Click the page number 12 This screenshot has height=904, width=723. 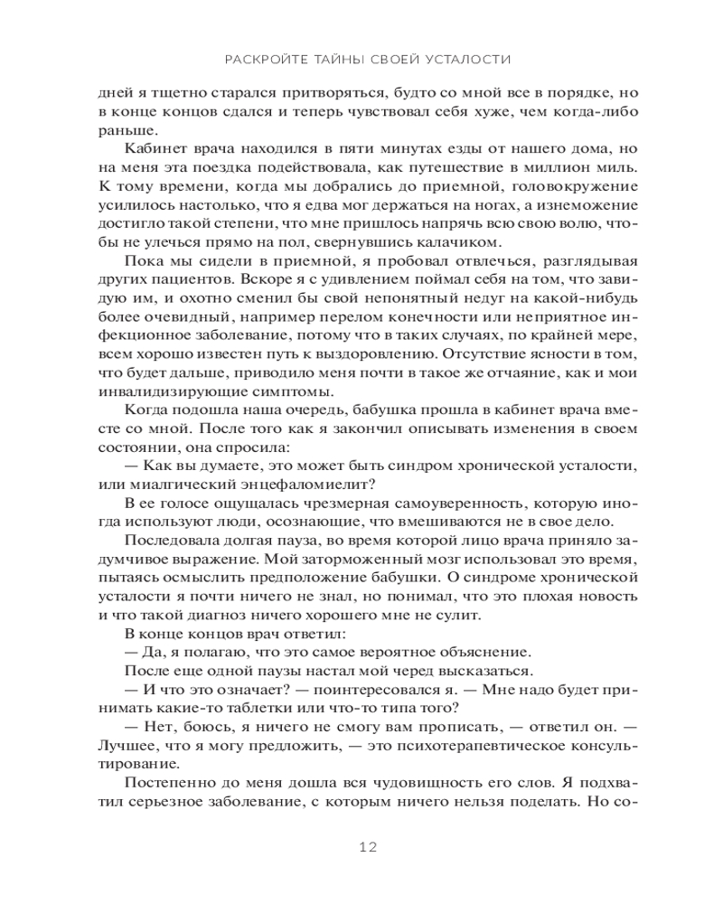(367, 847)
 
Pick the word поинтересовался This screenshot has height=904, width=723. (316, 689)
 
